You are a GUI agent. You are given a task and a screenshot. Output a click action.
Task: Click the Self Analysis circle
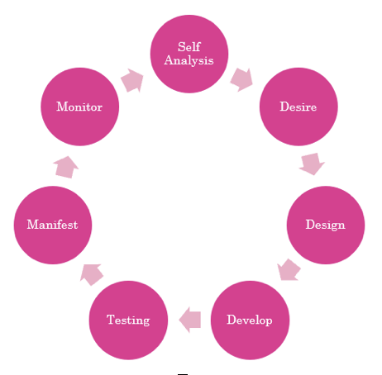pyautogui.click(x=189, y=54)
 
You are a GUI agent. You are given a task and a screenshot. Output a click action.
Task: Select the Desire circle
pyautogui.click(x=298, y=107)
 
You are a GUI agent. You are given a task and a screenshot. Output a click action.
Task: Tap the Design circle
pyautogui.click(x=326, y=225)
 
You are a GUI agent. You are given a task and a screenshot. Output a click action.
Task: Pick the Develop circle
pyautogui.click(x=250, y=320)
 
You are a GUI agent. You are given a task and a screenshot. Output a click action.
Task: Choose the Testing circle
pyautogui.click(x=128, y=320)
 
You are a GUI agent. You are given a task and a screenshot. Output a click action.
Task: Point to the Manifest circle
pyautogui.click(x=53, y=225)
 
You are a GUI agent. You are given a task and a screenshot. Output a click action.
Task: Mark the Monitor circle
pyautogui.click(x=79, y=107)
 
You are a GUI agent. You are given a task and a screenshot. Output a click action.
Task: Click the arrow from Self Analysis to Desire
pyautogui.click(x=241, y=79)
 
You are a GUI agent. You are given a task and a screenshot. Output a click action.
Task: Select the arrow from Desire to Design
pyautogui.click(x=312, y=164)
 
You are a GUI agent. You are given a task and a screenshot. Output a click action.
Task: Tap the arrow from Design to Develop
pyautogui.click(x=289, y=270)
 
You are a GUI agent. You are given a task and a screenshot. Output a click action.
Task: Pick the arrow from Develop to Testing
pyautogui.click(x=190, y=320)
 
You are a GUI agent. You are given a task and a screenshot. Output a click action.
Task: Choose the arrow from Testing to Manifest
pyautogui.click(x=92, y=274)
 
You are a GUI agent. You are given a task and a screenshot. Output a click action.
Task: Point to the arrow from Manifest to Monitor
pyautogui.click(x=66, y=167)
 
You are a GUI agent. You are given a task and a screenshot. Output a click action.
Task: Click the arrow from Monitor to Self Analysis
pyautogui.click(x=132, y=80)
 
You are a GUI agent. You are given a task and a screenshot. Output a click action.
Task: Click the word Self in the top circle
pyautogui.click(x=189, y=47)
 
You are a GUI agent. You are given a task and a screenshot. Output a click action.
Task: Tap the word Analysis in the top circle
pyautogui.click(x=189, y=60)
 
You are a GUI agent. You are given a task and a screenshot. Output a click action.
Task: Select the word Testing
pyautogui.click(x=128, y=320)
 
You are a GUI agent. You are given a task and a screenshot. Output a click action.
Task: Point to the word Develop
pyautogui.click(x=250, y=320)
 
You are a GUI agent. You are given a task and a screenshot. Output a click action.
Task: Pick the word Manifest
pyautogui.click(x=52, y=225)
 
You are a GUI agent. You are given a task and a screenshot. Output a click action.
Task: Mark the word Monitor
pyautogui.click(x=79, y=107)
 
